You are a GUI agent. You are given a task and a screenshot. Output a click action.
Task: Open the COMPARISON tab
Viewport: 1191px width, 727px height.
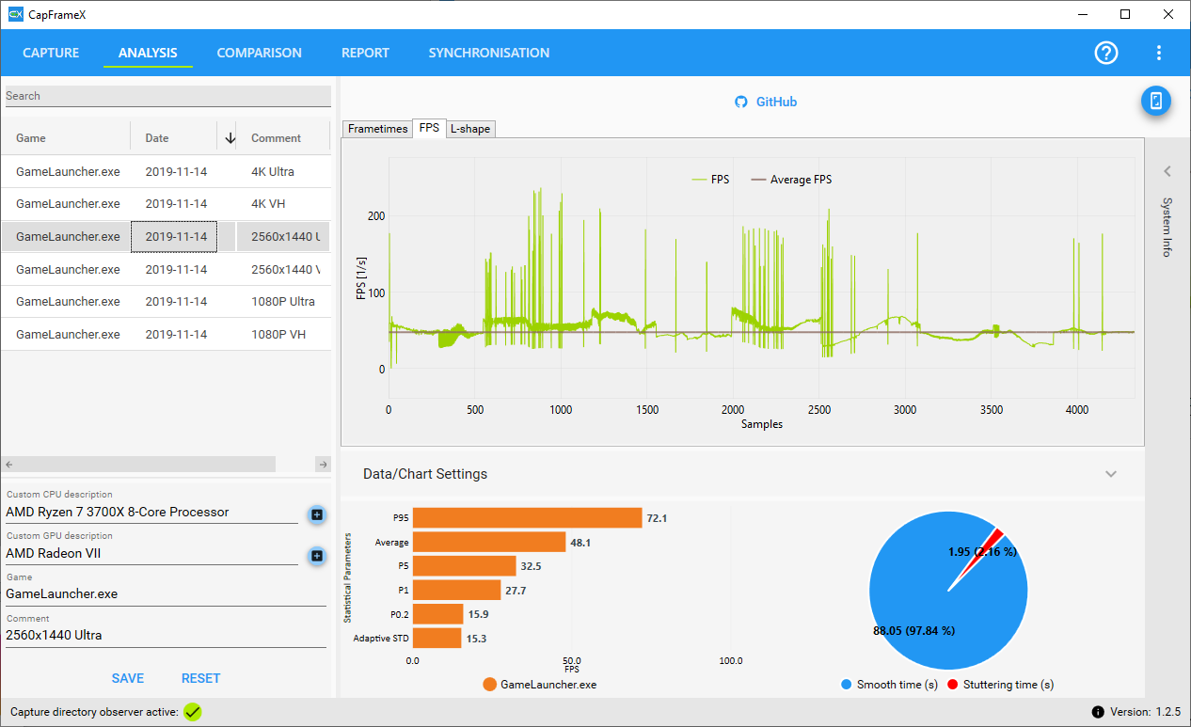pos(259,53)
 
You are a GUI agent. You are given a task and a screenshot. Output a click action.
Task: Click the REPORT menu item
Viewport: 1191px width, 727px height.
pos(365,53)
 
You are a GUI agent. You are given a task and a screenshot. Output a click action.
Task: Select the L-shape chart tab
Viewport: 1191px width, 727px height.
pos(470,129)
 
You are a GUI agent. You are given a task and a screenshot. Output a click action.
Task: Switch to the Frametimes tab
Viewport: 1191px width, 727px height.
pos(377,129)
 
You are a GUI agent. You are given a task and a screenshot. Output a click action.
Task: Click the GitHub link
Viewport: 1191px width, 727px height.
pos(766,102)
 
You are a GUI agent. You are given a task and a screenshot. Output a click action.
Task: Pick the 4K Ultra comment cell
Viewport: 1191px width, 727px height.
pos(273,172)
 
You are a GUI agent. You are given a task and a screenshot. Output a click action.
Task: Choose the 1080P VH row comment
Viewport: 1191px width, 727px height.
pos(278,334)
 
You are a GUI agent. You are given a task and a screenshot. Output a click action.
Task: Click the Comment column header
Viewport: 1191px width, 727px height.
pos(276,138)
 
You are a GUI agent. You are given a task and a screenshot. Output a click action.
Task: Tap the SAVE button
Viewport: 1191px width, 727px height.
pos(128,678)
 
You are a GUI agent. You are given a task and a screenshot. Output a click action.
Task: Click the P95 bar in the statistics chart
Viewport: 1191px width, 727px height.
pos(528,518)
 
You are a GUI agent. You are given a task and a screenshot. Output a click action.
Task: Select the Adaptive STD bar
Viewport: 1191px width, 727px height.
pos(437,639)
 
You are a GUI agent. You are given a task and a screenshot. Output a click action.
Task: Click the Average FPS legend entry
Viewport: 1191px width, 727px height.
pos(791,180)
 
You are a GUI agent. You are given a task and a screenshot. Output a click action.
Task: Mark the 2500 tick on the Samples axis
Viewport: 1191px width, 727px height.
pos(818,410)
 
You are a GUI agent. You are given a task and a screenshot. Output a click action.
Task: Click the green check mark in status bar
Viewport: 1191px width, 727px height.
pos(193,712)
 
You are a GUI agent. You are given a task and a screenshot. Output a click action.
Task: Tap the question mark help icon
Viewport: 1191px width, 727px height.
pos(1106,53)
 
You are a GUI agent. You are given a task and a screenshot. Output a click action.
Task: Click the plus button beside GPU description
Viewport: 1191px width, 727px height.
pos(317,556)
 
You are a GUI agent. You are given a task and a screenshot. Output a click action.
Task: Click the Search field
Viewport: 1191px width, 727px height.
pos(168,96)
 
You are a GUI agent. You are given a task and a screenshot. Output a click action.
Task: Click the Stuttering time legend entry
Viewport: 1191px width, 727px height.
pos(1000,685)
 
